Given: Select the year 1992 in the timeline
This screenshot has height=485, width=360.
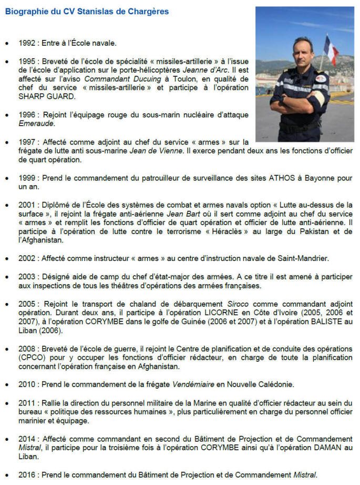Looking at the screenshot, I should coord(27,44).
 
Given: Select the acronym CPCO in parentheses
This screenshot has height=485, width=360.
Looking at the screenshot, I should coord(29,358).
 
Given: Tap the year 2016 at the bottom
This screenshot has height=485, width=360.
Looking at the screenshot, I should coord(27,475).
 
